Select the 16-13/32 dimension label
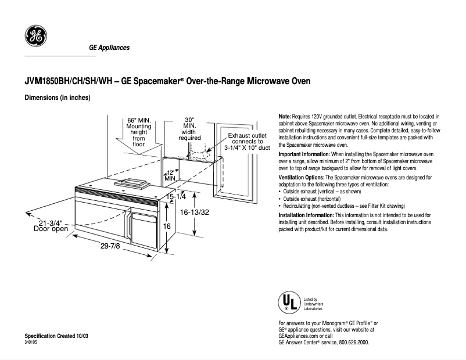[x=195, y=213]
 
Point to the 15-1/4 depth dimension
[x=175, y=197]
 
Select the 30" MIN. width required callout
[x=189, y=128]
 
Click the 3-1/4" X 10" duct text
[x=248, y=148]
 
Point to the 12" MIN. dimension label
[x=170, y=175]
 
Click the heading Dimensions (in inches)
[x=57, y=98]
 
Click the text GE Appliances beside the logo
[x=109, y=48]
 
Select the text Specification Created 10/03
[x=56, y=337]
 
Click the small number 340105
[x=31, y=343]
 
